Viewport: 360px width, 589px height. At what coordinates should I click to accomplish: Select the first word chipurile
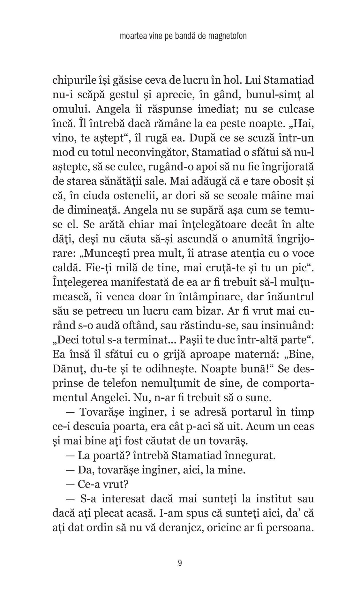pos(74,80)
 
